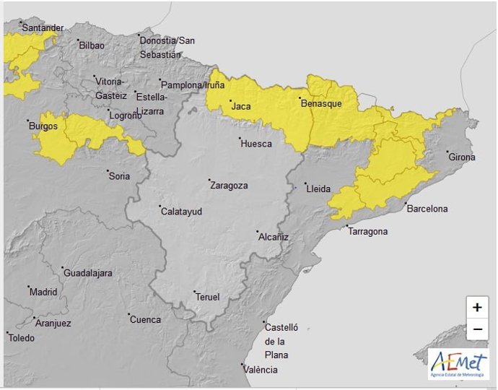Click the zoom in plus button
(476, 308)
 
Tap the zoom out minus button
(476, 330)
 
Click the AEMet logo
(458, 363)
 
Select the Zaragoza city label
(228, 186)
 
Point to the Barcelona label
(427, 209)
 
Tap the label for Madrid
(43, 292)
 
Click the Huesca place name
(255, 144)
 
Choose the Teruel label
(207, 297)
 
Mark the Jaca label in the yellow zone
(240, 107)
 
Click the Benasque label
(321, 104)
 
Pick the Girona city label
(462, 157)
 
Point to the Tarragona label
(368, 232)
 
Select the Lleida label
(318, 189)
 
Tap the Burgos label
(43, 126)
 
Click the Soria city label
(119, 175)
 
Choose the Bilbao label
(92, 45)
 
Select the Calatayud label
(180, 212)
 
